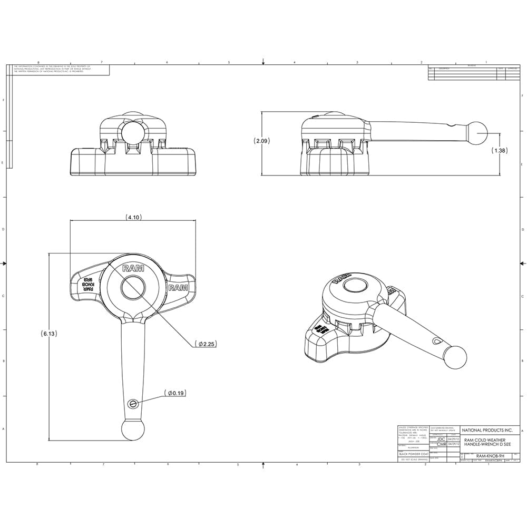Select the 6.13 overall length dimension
[49, 334]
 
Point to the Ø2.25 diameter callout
[205, 344]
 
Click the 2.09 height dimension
[261, 141]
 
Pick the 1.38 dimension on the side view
[500, 150]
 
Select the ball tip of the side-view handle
[479, 133]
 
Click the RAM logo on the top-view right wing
[178, 288]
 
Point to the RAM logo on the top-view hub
[132, 268]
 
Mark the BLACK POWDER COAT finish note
[413, 453]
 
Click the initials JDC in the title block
[441, 438]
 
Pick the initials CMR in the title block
[441, 444]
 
